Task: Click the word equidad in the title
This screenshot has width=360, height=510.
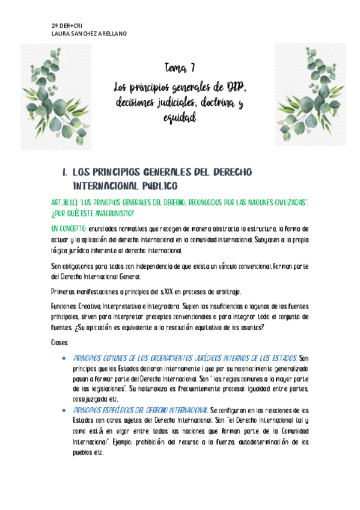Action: pyautogui.click(x=180, y=119)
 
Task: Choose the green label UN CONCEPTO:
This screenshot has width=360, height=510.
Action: pyautogui.click(x=67, y=230)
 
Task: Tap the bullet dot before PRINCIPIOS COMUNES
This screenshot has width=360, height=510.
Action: pyautogui.click(x=64, y=358)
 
